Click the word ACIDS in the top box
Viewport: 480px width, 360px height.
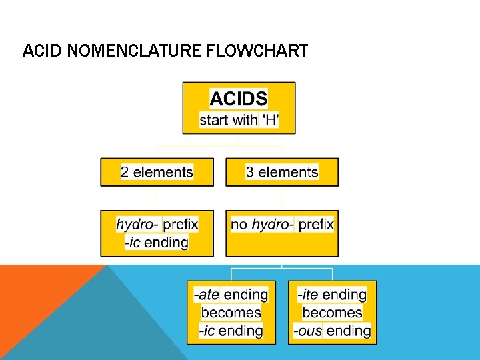[x=239, y=99]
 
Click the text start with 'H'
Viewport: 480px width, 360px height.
[x=239, y=120]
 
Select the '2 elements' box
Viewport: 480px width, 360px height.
[x=157, y=172]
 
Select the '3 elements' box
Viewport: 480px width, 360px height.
[x=282, y=172]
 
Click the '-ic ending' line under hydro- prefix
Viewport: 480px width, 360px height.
[x=157, y=242]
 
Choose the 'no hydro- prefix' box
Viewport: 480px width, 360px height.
[x=282, y=233]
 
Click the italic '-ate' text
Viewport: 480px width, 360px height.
[x=207, y=295]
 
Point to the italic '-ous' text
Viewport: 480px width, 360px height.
[x=307, y=331]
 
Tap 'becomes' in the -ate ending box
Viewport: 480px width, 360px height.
[x=231, y=313]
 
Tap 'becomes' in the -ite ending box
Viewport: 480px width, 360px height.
[x=332, y=313]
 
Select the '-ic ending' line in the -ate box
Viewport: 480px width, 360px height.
[x=231, y=331]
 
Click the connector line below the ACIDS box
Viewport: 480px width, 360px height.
[x=239, y=141]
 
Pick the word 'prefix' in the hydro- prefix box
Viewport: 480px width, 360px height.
[x=181, y=224]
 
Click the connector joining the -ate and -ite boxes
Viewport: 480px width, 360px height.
[x=282, y=269]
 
